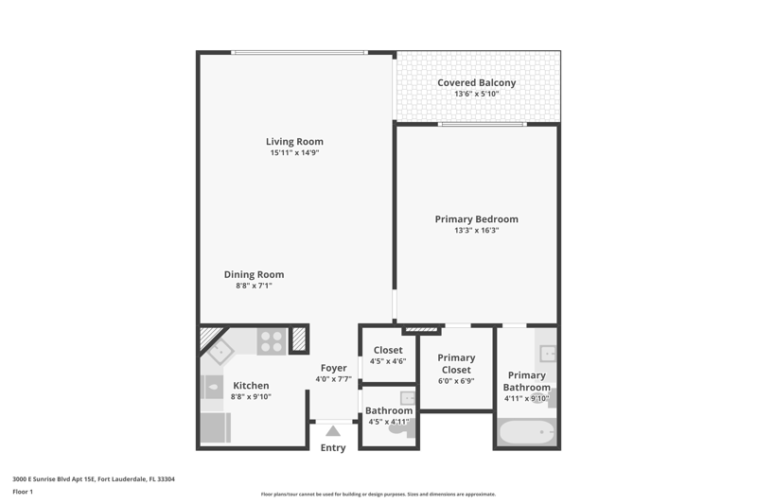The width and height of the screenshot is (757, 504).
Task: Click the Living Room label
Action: point(294,141)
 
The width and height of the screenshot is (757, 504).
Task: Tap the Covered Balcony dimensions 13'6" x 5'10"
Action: point(477,94)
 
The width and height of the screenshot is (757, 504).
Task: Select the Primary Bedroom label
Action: point(477,219)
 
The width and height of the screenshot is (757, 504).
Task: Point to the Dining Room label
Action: point(254,274)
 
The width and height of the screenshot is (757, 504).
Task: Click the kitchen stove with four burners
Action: point(272,341)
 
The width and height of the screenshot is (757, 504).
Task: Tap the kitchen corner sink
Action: point(220,352)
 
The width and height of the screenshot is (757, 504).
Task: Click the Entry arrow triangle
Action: point(333,430)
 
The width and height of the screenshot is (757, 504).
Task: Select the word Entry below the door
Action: point(333,447)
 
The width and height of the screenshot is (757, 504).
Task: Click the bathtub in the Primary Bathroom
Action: point(526,432)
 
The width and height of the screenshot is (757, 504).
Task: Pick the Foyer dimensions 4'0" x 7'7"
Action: point(334,379)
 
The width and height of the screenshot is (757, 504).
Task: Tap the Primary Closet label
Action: point(456,364)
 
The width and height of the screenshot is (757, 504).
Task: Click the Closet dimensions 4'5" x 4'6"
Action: point(388,361)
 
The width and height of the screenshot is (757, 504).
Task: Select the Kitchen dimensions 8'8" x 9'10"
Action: point(251,396)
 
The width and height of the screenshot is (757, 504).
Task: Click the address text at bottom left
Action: point(94,478)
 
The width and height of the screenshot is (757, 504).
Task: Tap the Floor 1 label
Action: point(23,492)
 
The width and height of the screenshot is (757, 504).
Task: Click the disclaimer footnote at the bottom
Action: point(378,494)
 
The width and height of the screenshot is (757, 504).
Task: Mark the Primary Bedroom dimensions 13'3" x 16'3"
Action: point(477,230)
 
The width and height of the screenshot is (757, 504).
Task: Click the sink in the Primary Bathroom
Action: point(548,353)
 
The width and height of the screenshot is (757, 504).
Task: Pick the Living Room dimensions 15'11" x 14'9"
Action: point(294,152)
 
